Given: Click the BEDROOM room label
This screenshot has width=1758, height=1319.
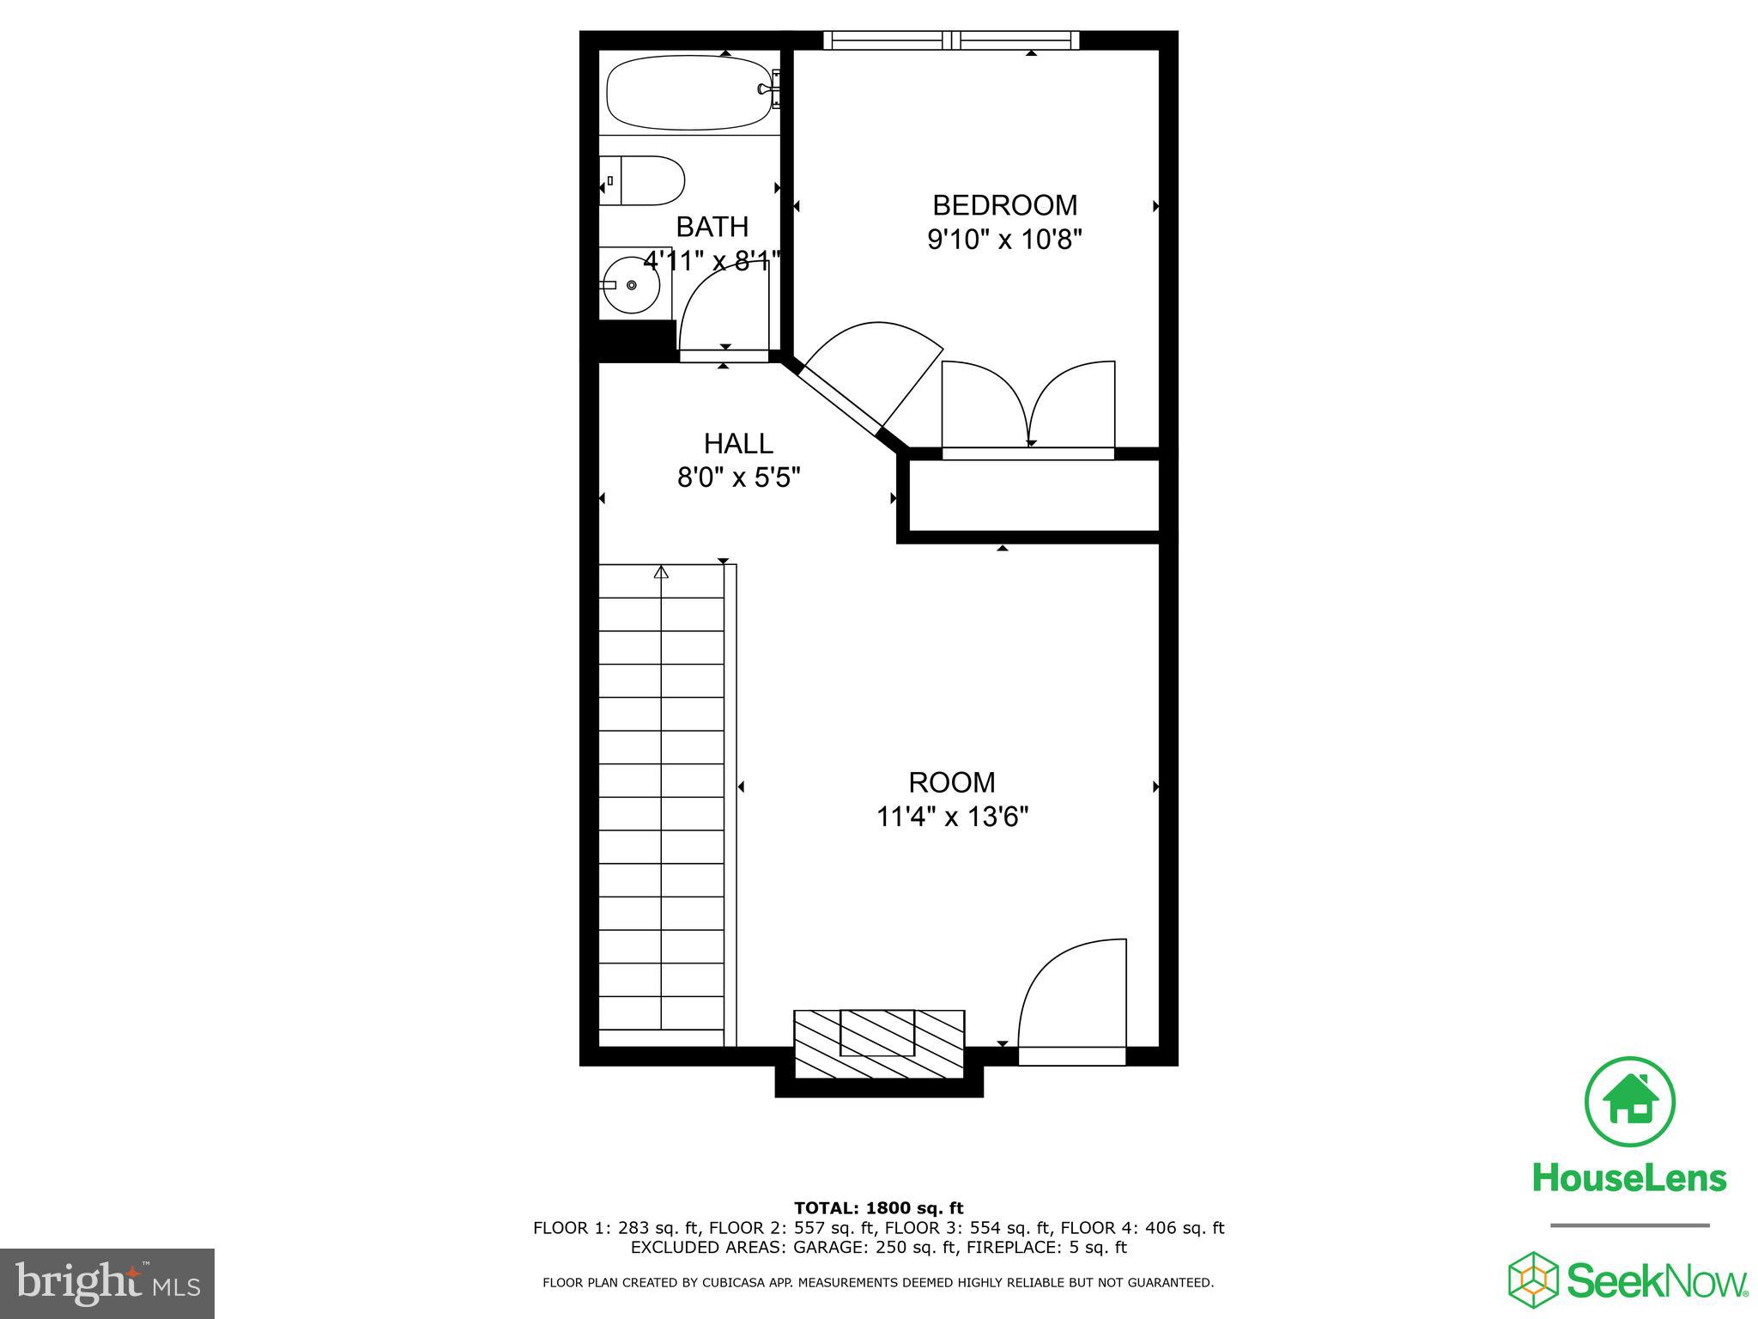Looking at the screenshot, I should coord(1004,205).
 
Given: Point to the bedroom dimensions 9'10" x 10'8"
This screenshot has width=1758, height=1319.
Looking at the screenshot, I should coord(1003,240).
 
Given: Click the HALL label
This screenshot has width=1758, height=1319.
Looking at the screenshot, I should coord(738,443).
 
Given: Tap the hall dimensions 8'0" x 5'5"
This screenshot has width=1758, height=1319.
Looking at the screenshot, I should coord(738,477).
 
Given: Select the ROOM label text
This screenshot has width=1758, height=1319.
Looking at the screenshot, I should coord(952,782).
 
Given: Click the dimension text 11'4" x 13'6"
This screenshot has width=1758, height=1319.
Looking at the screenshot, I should coord(952,816).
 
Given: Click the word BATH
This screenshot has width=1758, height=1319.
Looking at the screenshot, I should coord(712,227).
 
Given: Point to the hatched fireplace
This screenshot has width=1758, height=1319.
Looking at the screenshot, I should coord(879,1043).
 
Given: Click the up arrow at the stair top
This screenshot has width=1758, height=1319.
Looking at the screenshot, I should coord(661,572).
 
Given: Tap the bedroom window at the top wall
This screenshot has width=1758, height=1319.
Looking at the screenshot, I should coord(951,40).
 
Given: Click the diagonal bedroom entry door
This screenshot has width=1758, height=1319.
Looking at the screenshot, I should coord(867,378).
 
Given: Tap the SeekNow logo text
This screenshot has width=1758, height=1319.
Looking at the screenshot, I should coord(1657,1283).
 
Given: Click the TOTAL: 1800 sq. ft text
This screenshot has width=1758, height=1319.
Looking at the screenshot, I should coord(878,1208).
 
